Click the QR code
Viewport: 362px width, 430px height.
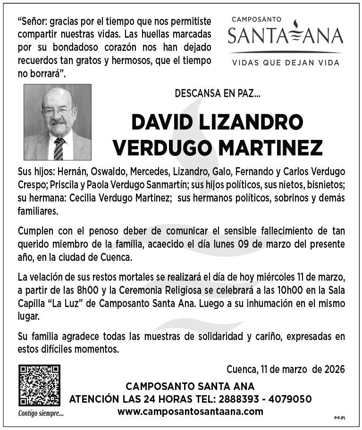pos(39,385)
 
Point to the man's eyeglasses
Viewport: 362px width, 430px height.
pos(57,112)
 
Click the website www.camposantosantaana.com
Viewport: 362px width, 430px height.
pos(190,411)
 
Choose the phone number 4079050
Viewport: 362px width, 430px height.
pos(291,399)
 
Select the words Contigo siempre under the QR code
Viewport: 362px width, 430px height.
pos(41,414)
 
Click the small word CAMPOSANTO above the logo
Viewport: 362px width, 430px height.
pos(257,19)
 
